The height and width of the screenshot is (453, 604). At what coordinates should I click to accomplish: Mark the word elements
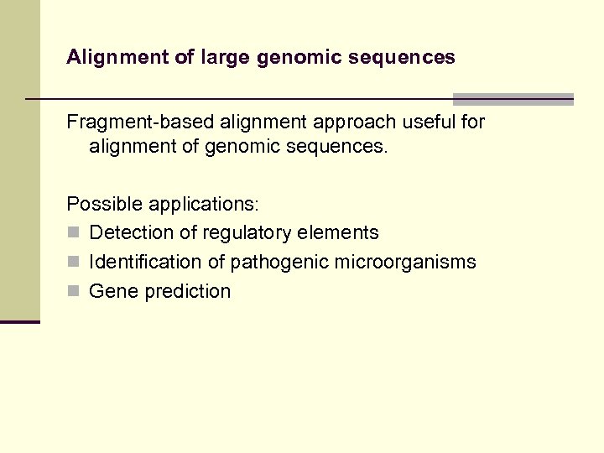(x=338, y=233)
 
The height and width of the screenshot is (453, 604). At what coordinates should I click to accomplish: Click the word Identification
(x=146, y=263)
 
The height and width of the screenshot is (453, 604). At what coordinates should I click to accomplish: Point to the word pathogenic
(x=279, y=263)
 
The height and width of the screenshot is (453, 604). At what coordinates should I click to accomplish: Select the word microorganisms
(x=405, y=263)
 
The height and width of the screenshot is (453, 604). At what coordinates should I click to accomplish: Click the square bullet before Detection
(x=73, y=233)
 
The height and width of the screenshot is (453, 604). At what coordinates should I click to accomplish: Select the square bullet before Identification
(x=73, y=263)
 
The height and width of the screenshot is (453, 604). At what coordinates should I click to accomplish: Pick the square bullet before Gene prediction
(x=73, y=292)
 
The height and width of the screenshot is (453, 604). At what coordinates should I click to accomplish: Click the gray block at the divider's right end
(x=513, y=99)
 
